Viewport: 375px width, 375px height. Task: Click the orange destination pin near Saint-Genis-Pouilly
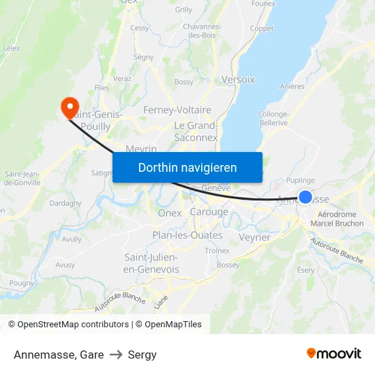click(69, 108)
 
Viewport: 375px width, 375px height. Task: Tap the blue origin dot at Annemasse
click(305, 198)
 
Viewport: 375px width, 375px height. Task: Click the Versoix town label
click(238, 80)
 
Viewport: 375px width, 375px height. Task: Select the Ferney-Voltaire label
click(177, 110)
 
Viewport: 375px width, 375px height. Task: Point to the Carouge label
click(209, 212)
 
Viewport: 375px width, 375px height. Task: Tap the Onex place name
click(170, 213)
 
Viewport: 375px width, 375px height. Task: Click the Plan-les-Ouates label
click(187, 235)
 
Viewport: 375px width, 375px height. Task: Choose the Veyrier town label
click(255, 237)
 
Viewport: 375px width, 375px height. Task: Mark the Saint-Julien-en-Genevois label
click(151, 263)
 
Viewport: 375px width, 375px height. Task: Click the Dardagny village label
click(65, 203)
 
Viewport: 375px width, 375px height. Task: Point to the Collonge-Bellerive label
click(273, 118)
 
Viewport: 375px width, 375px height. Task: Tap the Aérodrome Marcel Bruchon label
click(337, 219)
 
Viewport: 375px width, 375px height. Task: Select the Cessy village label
click(140, 28)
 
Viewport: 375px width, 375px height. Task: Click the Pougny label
click(22, 282)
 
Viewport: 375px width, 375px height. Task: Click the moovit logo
click(333, 354)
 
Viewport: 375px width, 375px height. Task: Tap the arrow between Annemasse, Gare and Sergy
click(116, 355)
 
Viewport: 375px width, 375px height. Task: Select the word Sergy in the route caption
click(142, 355)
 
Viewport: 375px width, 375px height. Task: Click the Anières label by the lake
click(292, 87)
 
